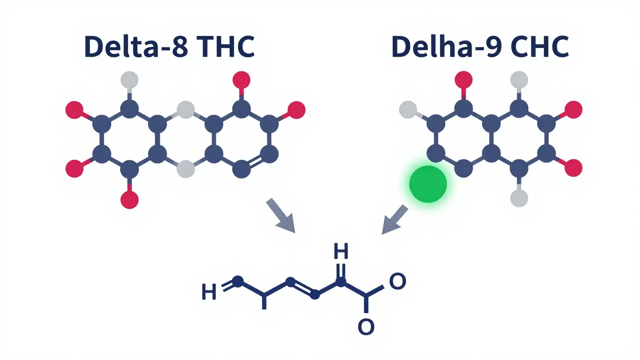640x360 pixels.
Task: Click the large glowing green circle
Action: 427,184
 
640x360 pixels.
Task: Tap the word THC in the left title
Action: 225,46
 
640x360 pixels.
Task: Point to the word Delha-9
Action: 446,46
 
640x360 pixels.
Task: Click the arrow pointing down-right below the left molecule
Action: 280,215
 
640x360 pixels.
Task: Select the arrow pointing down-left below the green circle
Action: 395,219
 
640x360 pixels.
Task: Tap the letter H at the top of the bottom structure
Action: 341,251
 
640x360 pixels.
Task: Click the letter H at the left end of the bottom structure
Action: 209,291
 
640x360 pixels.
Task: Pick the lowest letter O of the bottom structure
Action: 366,326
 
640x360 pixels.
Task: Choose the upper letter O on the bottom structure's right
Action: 397,281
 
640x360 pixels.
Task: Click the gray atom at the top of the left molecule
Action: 129,79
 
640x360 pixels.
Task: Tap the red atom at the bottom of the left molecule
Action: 129,199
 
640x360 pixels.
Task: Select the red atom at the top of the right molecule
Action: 463,79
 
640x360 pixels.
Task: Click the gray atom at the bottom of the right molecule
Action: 519,198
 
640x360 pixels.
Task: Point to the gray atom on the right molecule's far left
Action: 408,109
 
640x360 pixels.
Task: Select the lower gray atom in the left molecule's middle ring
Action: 185,169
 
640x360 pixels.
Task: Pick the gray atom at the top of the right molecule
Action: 519,79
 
